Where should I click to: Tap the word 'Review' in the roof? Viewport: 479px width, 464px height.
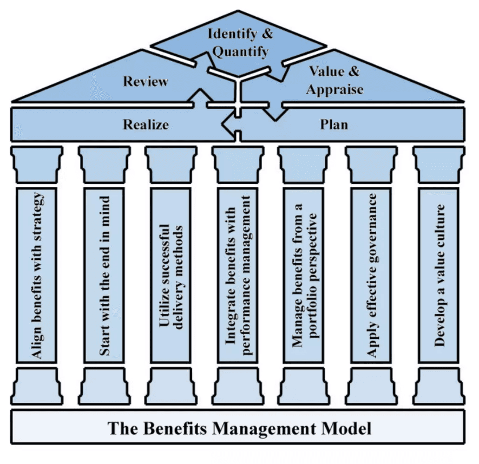(146, 82)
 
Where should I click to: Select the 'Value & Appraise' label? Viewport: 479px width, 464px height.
(334, 80)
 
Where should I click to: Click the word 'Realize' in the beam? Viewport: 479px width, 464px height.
(146, 125)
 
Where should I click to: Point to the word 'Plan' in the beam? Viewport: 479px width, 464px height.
(334, 125)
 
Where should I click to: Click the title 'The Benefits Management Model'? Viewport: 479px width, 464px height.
(239, 428)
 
